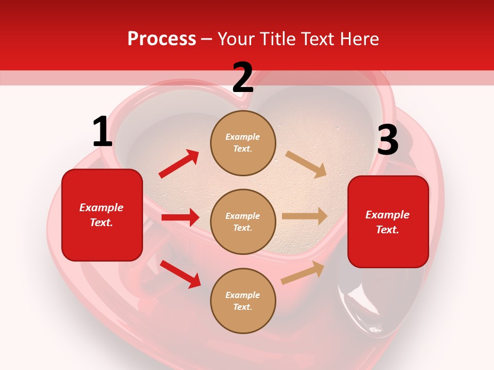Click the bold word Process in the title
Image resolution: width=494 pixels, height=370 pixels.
pyautogui.click(x=162, y=39)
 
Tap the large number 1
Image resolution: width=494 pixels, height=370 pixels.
pyautogui.click(x=102, y=132)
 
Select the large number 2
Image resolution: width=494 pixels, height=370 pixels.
pyautogui.click(x=243, y=78)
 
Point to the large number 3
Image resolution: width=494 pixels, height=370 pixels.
pyautogui.click(x=387, y=140)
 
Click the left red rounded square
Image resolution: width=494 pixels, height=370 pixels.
pyautogui.click(x=102, y=215)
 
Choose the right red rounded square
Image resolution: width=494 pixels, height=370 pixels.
pyautogui.click(x=388, y=222)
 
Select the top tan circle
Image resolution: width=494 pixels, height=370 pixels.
pyautogui.click(x=243, y=142)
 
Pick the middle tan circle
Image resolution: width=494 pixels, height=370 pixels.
pyautogui.click(x=243, y=221)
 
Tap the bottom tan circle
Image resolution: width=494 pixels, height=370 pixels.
pyautogui.click(x=243, y=301)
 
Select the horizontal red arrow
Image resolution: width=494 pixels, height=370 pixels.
pyautogui.click(x=180, y=217)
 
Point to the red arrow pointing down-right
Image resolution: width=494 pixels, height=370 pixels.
pyautogui.click(x=180, y=274)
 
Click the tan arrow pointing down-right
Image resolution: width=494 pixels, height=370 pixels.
pyautogui.click(x=306, y=164)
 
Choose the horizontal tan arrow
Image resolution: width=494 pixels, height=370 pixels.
pyautogui.click(x=305, y=216)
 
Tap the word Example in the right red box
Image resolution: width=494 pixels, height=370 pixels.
pyautogui.click(x=387, y=215)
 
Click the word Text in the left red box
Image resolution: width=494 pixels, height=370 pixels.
pyautogui.click(x=101, y=223)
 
